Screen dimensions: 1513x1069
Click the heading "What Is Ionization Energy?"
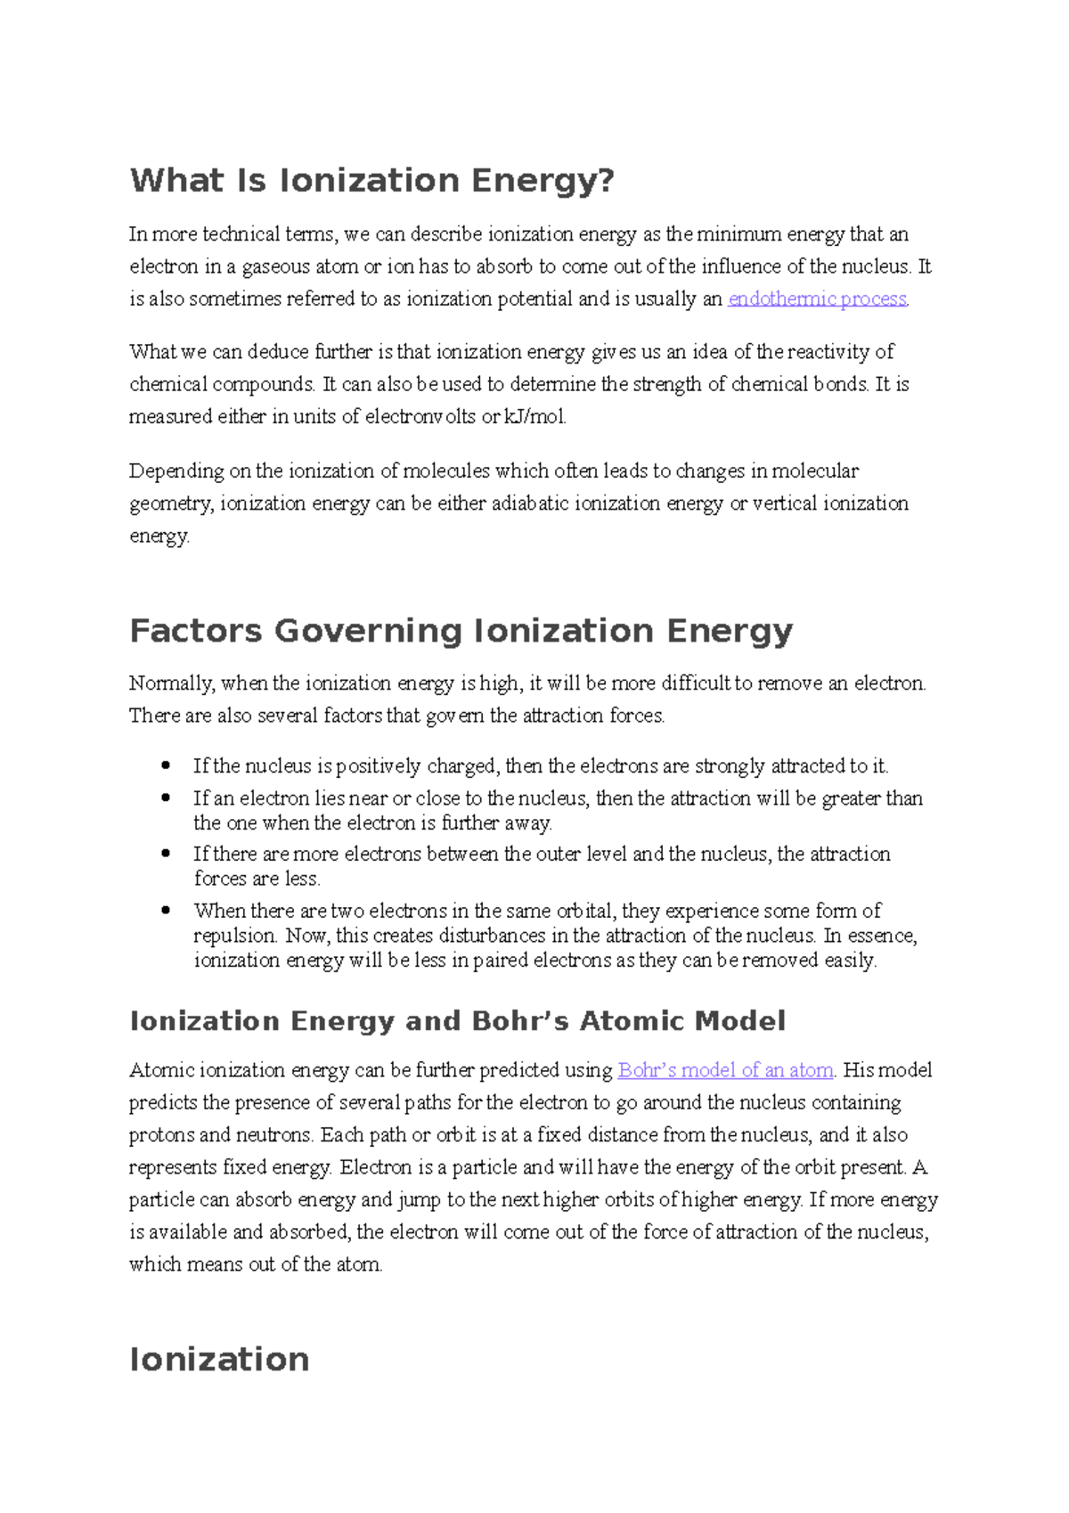coord(371,181)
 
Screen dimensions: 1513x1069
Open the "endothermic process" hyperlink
coord(817,299)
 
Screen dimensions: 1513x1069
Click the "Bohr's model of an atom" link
coord(725,1070)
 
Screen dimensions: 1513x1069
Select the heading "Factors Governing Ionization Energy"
coord(461,631)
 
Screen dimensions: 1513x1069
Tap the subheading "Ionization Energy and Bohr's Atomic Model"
coord(457,1021)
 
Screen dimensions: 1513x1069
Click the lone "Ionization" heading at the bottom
coord(219,1360)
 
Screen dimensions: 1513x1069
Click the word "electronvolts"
coord(420,417)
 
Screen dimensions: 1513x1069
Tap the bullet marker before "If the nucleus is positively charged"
coord(166,765)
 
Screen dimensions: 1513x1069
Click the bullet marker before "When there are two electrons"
coord(166,911)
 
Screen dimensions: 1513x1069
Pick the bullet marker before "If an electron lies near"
coord(166,797)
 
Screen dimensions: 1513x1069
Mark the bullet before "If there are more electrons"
coord(166,854)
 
